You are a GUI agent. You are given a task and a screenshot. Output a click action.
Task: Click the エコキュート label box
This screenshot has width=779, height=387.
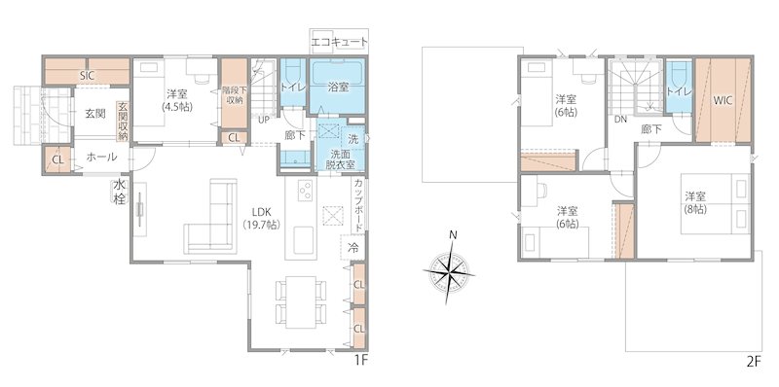[x=339, y=42]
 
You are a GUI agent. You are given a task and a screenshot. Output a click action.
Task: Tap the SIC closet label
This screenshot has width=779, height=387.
[x=86, y=75]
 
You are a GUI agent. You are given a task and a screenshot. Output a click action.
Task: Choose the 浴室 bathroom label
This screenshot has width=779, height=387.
[x=339, y=87]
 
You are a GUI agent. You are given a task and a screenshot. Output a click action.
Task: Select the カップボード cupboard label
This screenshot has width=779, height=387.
[x=359, y=203]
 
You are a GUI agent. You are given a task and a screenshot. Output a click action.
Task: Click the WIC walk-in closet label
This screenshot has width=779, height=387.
[x=723, y=100]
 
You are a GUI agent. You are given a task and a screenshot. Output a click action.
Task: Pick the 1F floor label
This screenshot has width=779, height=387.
[x=361, y=361]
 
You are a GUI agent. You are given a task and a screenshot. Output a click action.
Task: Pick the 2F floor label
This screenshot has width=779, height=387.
[x=753, y=361]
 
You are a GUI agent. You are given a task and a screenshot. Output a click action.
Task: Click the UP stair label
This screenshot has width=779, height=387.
[x=264, y=121]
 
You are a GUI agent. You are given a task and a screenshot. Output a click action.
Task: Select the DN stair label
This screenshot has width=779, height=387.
[x=620, y=121]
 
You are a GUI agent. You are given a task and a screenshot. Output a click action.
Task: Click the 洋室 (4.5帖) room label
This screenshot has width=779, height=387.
[x=176, y=100]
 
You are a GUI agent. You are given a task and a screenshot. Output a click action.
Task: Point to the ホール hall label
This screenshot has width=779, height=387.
[x=102, y=157]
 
